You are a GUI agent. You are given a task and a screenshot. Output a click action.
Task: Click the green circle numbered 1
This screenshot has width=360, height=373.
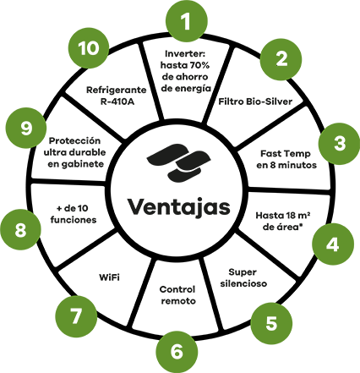[x=187, y=20]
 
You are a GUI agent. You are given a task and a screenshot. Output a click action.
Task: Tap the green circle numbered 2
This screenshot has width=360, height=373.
[x=281, y=59]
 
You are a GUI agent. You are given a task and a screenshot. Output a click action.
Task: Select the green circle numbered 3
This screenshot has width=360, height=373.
[x=339, y=144]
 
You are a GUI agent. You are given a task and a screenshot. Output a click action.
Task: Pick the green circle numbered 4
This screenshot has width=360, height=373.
[x=333, y=244]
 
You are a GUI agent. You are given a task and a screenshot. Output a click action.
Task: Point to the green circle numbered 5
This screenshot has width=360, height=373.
[x=271, y=323]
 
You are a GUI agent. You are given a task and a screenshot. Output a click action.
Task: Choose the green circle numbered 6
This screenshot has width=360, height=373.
[x=177, y=352]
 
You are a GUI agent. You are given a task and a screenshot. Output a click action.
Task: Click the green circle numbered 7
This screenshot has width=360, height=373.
[x=76, y=316]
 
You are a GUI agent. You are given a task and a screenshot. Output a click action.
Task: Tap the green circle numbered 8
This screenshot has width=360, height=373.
[x=20, y=230]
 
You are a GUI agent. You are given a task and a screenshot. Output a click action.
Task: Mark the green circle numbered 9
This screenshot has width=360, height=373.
[x=26, y=129]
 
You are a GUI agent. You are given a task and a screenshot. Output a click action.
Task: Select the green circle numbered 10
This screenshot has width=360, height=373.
[x=89, y=48]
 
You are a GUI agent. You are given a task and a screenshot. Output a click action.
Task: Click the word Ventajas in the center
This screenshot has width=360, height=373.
[x=179, y=207]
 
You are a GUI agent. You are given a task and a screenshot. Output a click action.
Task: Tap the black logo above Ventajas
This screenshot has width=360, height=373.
[x=178, y=162]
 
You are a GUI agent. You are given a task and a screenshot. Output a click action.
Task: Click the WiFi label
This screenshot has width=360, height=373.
[x=109, y=277]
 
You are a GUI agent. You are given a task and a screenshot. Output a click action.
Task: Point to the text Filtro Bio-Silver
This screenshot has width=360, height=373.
[x=255, y=101]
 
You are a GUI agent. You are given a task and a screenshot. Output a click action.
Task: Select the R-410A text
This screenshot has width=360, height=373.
[x=117, y=101]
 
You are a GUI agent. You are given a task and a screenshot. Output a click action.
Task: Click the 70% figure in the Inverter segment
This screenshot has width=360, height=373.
[x=199, y=65]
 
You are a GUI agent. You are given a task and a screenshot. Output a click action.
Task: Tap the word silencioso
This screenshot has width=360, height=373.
[x=243, y=283]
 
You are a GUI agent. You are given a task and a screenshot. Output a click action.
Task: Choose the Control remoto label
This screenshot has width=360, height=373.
[x=177, y=295]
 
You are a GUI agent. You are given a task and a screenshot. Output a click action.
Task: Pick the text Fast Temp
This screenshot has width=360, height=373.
[x=286, y=154]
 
